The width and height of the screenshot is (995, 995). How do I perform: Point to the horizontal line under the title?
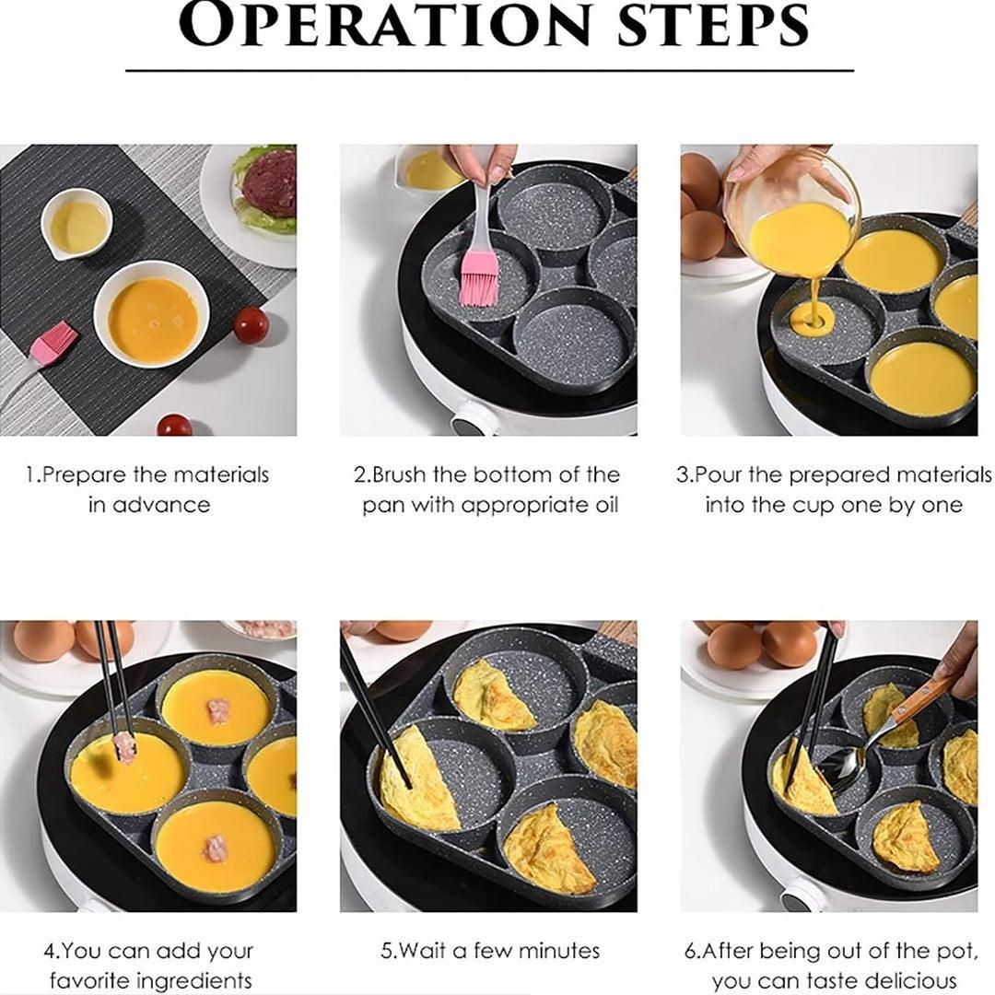coord(489,70)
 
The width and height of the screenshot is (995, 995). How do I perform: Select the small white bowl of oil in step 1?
coord(76,225)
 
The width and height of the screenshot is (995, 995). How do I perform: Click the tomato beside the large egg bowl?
coord(251,325)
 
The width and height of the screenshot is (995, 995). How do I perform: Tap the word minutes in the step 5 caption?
coord(558,951)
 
